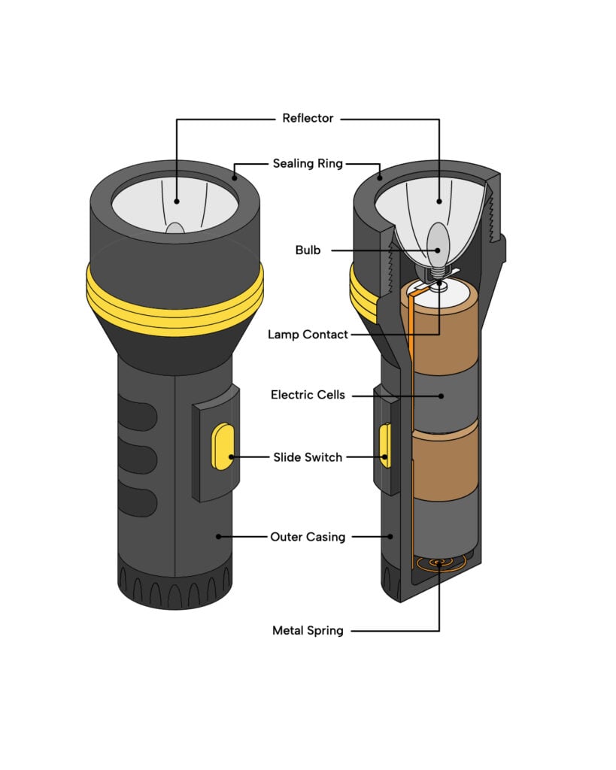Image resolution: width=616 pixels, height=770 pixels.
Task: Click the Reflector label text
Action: click(308, 118)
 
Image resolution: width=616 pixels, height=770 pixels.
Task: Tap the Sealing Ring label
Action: click(308, 163)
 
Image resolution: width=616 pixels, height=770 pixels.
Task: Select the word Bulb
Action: click(308, 250)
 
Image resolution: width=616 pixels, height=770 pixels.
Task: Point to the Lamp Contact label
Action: click(308, 334)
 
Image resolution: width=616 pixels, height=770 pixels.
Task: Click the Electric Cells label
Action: click(308, 394)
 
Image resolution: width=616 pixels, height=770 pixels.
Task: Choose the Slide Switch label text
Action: click(308, 456)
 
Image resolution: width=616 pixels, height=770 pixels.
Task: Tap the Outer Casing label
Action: click(308, 537)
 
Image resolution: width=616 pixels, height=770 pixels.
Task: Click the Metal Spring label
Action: click(308, 630)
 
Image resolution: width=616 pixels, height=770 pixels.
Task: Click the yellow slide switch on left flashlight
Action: click(221, 447)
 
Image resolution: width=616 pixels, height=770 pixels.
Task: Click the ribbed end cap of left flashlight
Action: click(174, 590)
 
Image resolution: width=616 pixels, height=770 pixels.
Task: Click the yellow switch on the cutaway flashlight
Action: click(385, 445)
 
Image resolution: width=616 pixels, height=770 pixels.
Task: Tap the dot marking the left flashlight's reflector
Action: click(177, 201)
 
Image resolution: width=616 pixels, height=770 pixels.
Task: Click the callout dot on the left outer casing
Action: click(218, 537)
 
